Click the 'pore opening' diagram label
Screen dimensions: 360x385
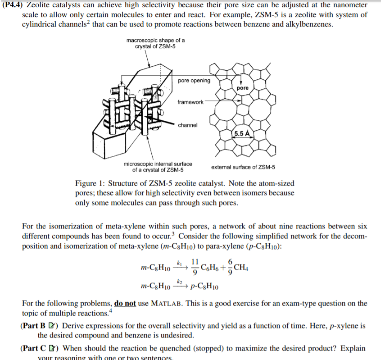(x=194, y=81)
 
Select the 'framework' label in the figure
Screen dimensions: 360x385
(x=190, y=102)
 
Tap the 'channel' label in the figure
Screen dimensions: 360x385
(x=188, y=125)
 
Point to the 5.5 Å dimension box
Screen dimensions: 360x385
(x=242, y=133)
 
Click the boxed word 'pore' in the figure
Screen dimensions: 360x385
(x=242, y=88)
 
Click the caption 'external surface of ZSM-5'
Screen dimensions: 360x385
(x=243, y=167)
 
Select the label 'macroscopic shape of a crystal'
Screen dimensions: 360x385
(x=155, y=44)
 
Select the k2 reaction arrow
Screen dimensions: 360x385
(x=179, y=285)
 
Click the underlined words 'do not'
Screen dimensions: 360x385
(x=125, y=303)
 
